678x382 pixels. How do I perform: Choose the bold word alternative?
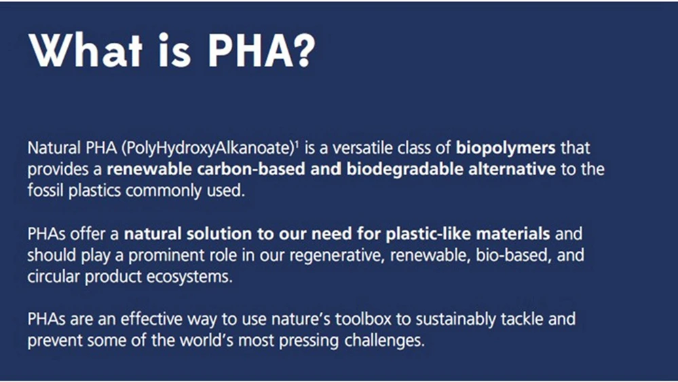(x=512, y=169)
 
